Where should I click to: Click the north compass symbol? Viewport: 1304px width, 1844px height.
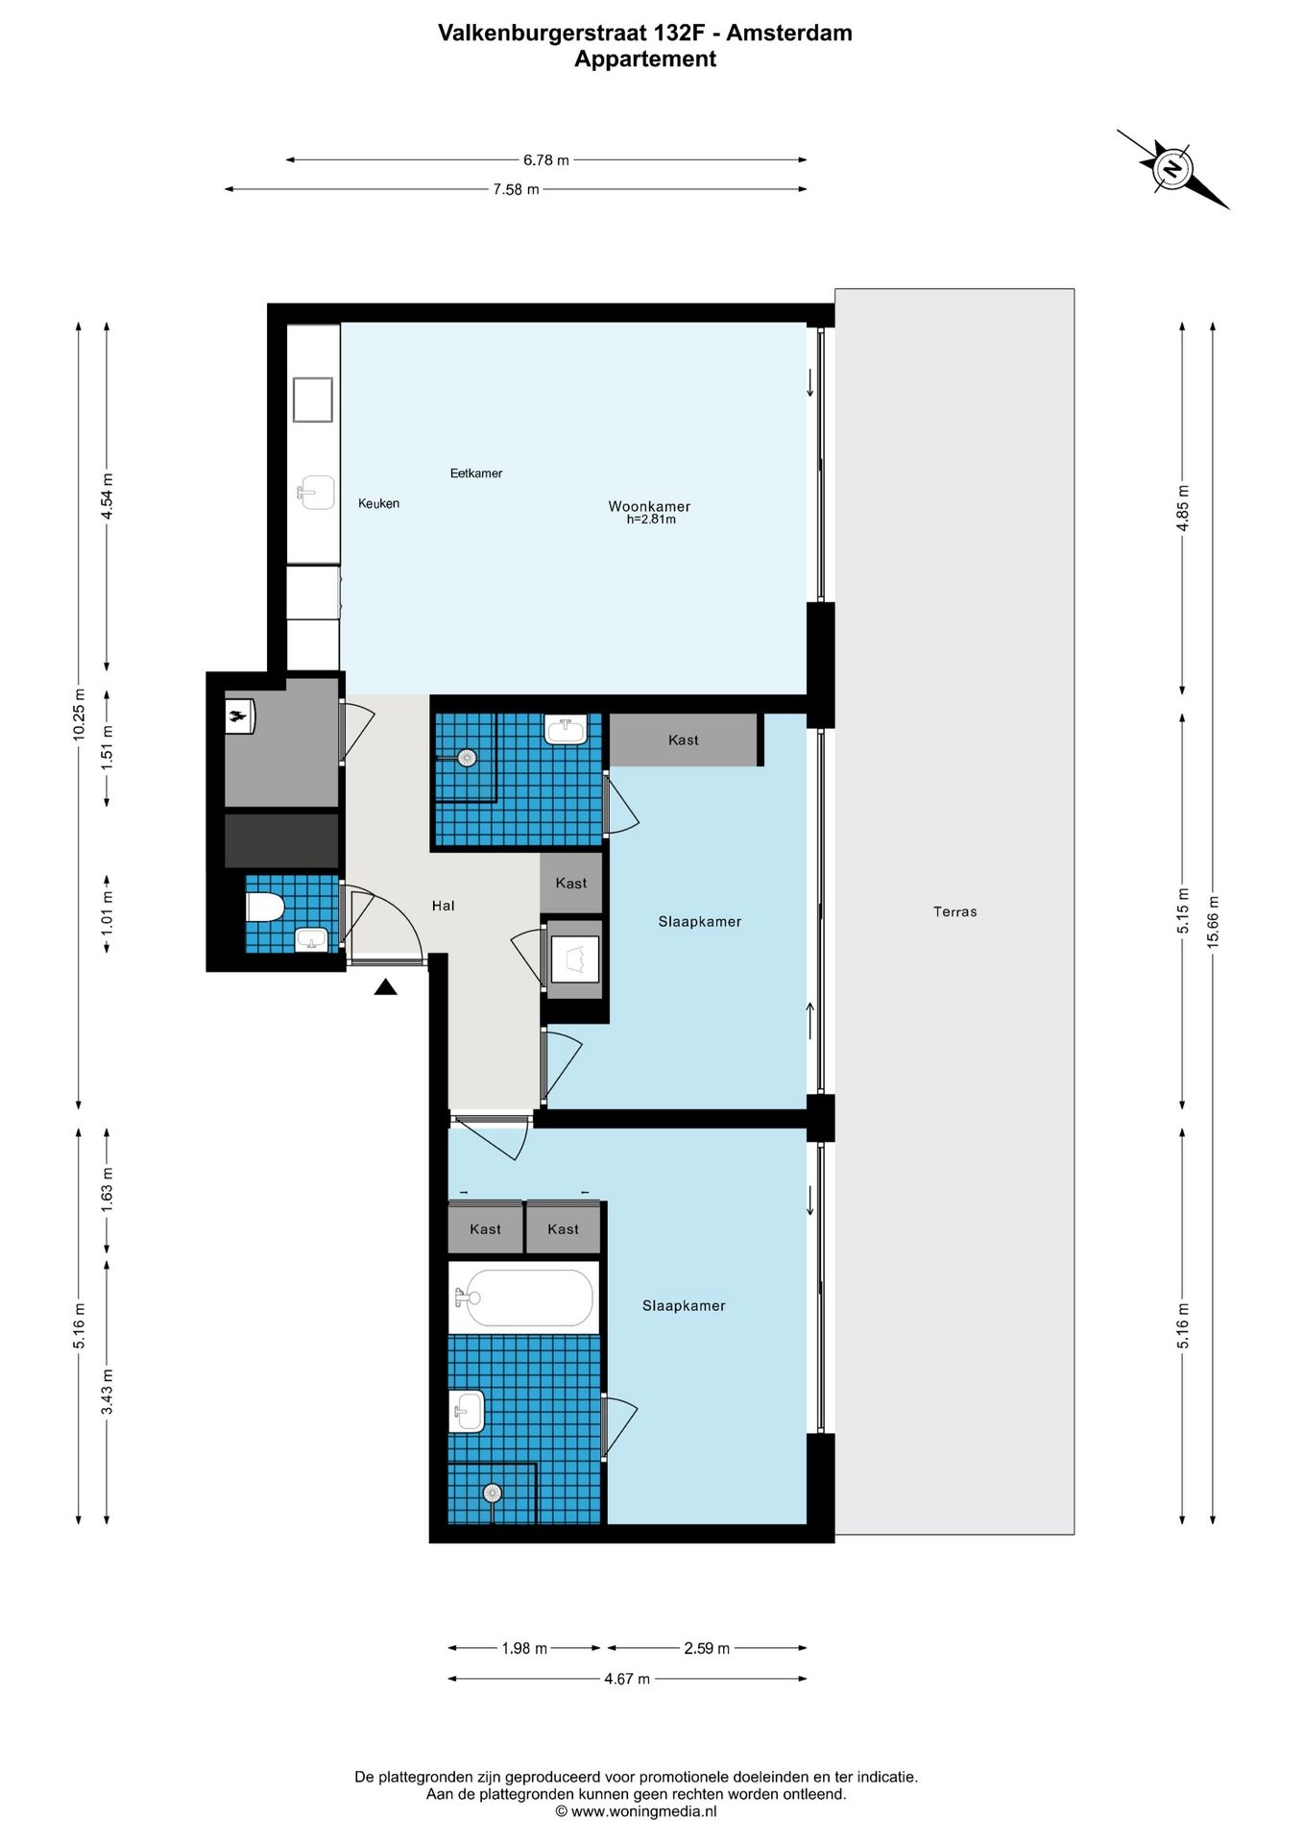(x=1172, y=169)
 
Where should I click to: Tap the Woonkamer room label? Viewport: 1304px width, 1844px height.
(x=649, y=506)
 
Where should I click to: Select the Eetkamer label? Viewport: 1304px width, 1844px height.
(x=476, y=473)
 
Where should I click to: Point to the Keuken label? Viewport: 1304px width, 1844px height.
(x=378, y=503)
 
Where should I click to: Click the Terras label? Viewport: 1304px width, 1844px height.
(x=954, y=912)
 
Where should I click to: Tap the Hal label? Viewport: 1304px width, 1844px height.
(x=443, y=906)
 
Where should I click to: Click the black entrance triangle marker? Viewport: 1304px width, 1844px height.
(x=386, y=986)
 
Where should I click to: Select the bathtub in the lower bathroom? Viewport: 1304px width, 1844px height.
(x=524, y=1298)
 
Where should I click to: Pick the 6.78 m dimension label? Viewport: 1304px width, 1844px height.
(x=545, y=160)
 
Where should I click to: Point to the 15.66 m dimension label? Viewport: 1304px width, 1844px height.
(x=1213, y=922)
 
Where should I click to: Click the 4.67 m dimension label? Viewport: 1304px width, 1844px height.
(x=627, y=1679)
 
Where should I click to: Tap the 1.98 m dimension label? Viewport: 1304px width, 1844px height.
(x=524, y=1648)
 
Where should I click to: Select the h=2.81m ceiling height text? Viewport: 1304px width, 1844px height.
(x=651, y=520)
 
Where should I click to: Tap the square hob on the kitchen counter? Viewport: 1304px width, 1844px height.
(x=313, y=400)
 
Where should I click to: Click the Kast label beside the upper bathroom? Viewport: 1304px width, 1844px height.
(x=570, y=884)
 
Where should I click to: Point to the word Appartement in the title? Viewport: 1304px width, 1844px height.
(x=645, y=59)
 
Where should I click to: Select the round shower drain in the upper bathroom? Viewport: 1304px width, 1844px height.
(x=468, y=758)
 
